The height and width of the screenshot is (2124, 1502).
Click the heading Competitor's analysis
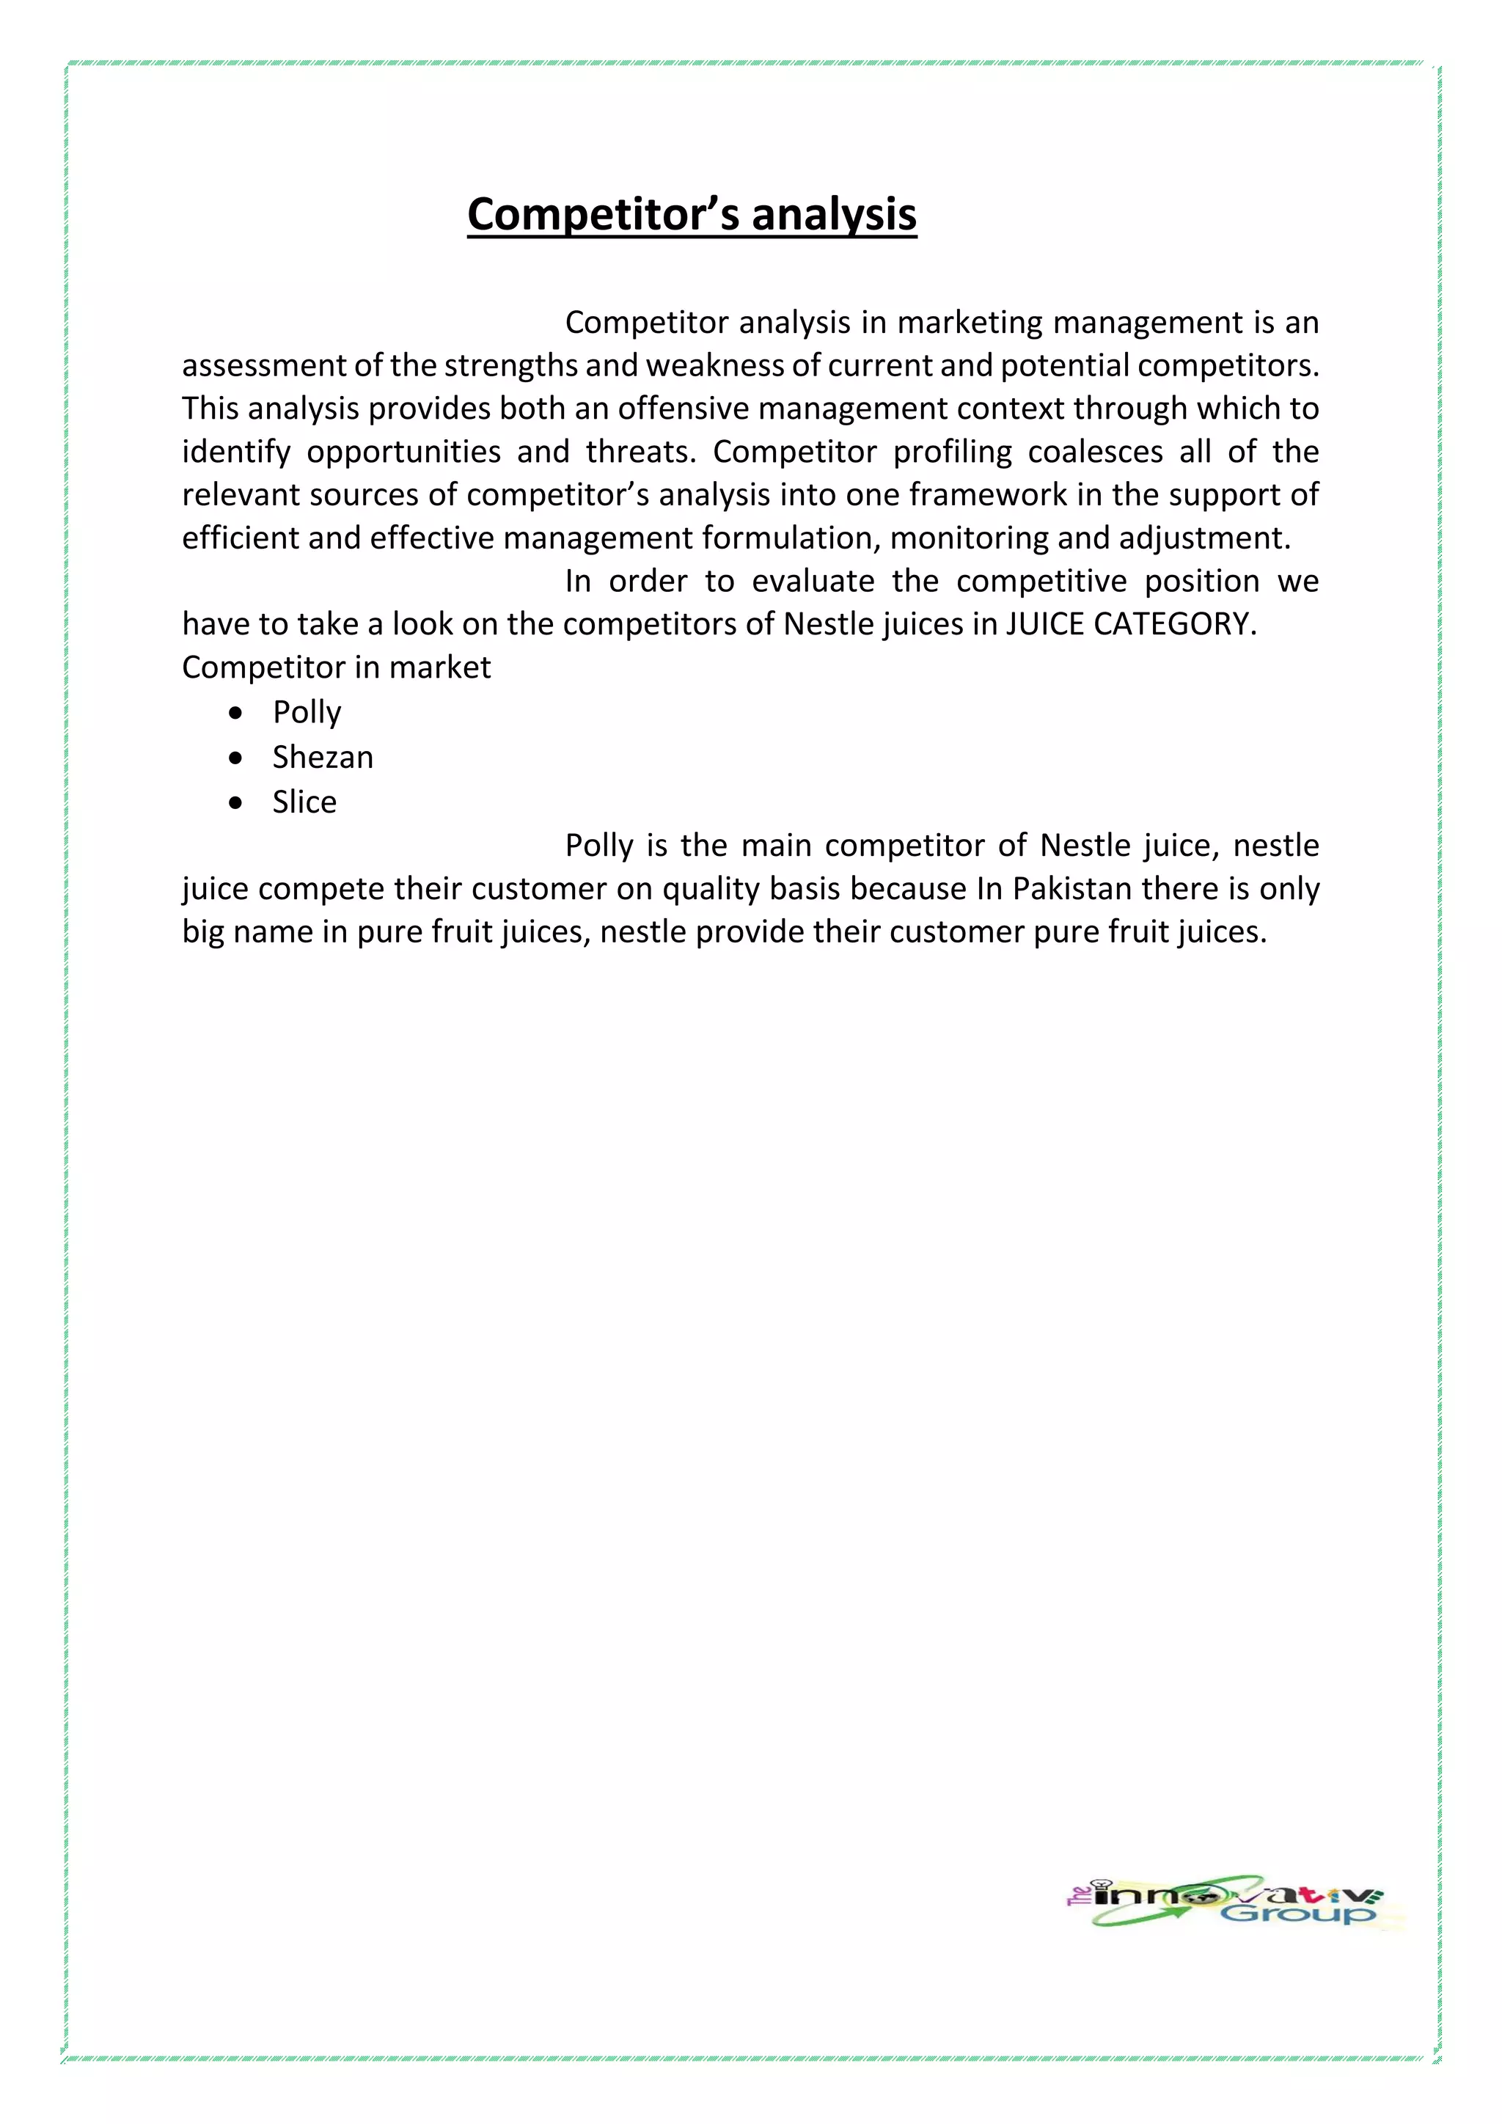(691, 215)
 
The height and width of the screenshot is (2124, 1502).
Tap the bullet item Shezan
(322, 757)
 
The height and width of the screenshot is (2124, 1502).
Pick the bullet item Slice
(304, 801)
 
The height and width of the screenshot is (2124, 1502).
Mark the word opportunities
(403, 453)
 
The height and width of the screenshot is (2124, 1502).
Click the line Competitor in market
(336, 667)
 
